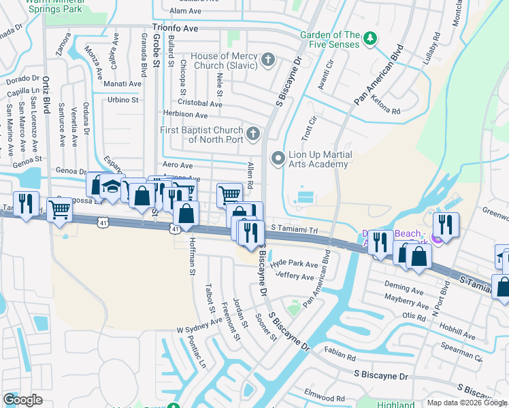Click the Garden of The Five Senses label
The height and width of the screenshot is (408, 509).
click(x=331, y=40)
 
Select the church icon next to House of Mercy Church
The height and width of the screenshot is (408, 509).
click(x=268, y=61)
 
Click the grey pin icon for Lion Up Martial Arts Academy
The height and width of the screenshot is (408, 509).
click(x=278, y=159)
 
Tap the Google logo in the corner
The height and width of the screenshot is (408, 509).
click(x=22, y=399)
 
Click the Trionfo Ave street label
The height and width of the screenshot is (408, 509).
click(x=175, y=28)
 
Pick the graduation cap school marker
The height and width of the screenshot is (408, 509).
click(x=110, y=186)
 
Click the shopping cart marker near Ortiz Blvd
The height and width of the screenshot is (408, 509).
click(x=61, y=210)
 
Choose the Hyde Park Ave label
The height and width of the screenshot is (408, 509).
click(x=294, y=265)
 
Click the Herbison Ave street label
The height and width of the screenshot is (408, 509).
click(x=184, y=115)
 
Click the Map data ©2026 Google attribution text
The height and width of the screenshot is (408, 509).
click(x=467, y=403)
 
